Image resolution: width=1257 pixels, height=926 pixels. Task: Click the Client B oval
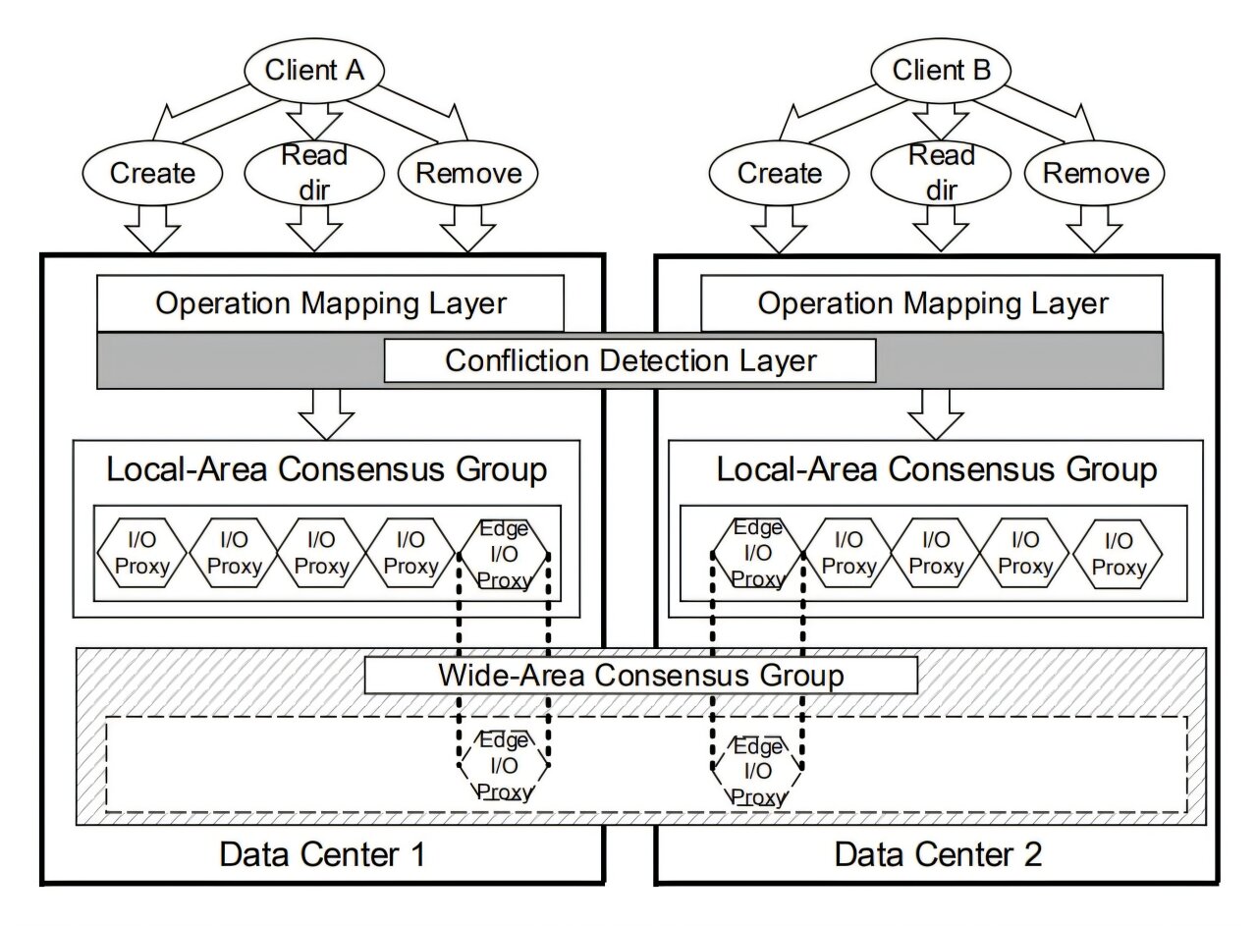click(x=942, y=71)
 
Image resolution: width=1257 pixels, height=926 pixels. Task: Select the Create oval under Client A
click(x=153, y=174)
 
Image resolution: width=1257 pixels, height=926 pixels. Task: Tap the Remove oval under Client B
click(x=1095, y=174)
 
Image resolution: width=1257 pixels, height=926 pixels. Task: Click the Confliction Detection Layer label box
click(x=629, y=360)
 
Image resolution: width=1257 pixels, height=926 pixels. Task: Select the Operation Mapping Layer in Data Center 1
click(x=330, y=302)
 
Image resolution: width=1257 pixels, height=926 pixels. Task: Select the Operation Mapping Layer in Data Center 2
click(x=932, y=302)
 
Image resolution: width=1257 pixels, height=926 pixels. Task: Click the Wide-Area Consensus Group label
click(x=640, y=676)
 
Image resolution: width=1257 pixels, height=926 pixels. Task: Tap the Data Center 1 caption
click(x=322, y=854)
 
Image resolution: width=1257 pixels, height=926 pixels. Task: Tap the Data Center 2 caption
click(x=938, y=854)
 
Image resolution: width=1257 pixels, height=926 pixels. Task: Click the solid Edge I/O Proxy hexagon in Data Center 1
click(x=504, y=555)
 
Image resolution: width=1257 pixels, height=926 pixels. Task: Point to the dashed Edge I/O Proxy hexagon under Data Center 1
click(x=504, y=766)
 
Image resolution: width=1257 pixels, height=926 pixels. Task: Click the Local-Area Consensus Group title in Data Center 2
click(x=936, y=469)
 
